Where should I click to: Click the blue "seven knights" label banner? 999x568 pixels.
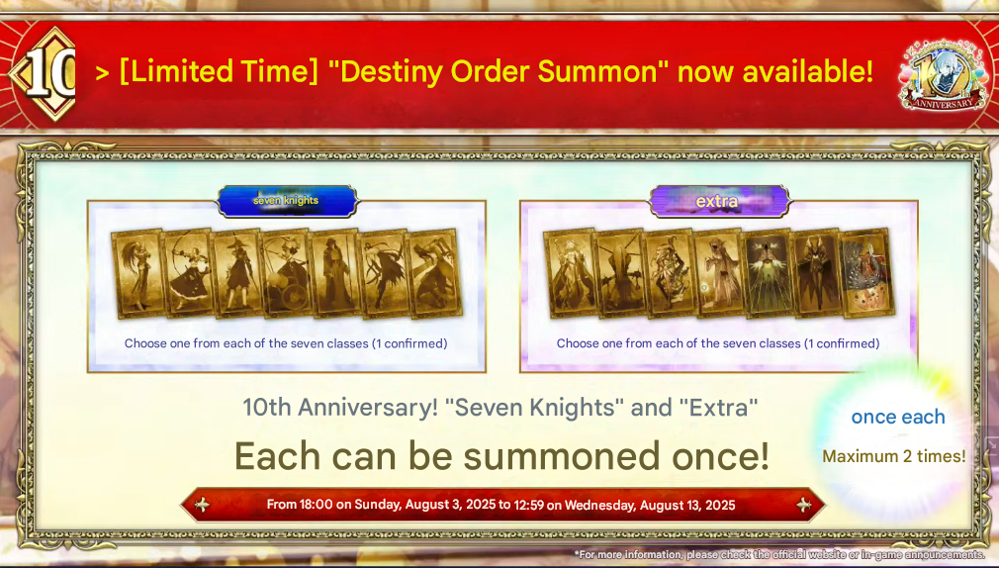(288, 201)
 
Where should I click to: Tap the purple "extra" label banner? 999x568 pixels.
(719, 202)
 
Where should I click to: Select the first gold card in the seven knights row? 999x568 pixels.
(136, 273)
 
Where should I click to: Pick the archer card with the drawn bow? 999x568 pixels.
(186, 273)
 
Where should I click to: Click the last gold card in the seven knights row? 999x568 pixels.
(435, 273)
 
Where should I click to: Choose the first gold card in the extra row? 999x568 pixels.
(570, 273)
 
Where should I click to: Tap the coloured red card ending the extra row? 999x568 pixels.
(867, 273)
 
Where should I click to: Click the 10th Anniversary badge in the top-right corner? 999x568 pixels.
(944, 75)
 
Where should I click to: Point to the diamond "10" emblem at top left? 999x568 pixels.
(45, 73)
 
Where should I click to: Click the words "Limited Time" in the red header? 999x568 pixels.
(219, 71)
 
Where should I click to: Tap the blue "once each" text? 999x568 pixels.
(898, 417)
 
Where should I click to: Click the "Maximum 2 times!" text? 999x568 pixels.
(894, 456)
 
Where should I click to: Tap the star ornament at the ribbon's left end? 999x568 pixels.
(202, 505)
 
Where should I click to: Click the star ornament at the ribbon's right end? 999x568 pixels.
(804, 505)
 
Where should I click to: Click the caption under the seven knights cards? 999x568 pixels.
(286, 343)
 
